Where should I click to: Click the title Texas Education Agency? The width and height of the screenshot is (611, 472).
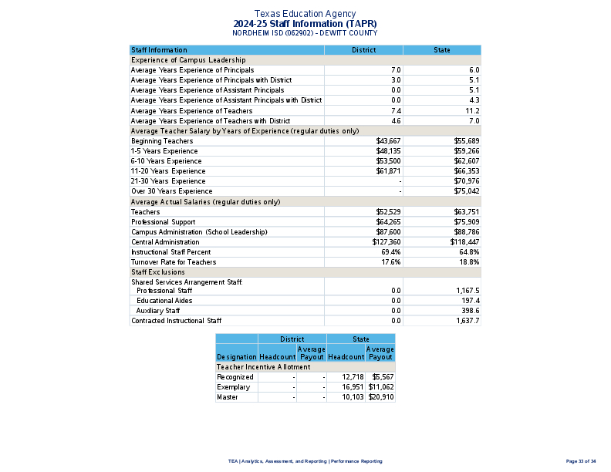tap(305, 14)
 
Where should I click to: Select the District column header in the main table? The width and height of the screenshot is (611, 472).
tap(363, 50)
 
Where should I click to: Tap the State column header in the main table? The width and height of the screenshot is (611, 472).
tap(441, 50)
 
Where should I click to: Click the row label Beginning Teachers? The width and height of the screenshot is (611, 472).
tap(162, 141)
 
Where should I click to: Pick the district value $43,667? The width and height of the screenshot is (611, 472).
tap(388, 141)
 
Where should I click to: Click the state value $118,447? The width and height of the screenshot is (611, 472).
tap(464, 241)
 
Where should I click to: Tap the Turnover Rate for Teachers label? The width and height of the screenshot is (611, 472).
tap(174, 262)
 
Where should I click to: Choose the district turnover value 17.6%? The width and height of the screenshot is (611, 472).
tap(391, 262)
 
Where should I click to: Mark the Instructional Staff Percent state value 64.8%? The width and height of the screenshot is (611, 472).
tap(469, 252)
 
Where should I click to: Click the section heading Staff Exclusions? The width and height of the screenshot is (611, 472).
tap(158, 272)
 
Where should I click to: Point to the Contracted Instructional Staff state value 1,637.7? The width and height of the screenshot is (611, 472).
tap(468, 321)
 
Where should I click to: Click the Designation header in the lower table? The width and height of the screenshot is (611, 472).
tap(237, 357)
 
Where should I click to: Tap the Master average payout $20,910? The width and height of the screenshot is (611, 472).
tap(381, 397)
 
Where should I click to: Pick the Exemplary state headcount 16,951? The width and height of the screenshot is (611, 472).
tap(353, 387)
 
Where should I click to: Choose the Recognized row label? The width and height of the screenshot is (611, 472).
tap(235, 377)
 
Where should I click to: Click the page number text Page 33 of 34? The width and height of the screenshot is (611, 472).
tap(581, 461)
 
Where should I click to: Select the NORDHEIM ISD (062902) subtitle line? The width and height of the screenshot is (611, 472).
tap(305, 33)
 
